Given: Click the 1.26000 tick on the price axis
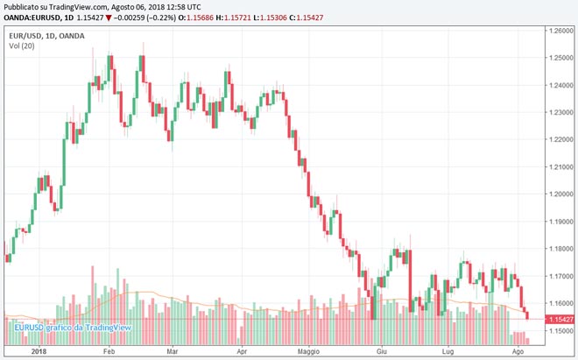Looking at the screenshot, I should click(x=557, y=31).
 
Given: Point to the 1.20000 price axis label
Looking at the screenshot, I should click(x=557, y=194).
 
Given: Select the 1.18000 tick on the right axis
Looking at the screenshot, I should click(x=557, y=249).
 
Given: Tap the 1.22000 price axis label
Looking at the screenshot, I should click(x=557, y=140).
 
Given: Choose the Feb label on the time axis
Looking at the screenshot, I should click(x=109, y=351).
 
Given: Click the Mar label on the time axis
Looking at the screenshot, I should click(x=173, y=351).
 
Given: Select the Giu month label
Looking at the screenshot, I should click(x=381, y=351).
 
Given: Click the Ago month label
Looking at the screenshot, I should click(x=518, y=351).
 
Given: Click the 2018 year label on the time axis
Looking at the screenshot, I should click(x=37, y=351).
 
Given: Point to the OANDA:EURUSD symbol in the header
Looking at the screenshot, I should click(x=36, y=17).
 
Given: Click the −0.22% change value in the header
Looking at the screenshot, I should click(x=154, y=17).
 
